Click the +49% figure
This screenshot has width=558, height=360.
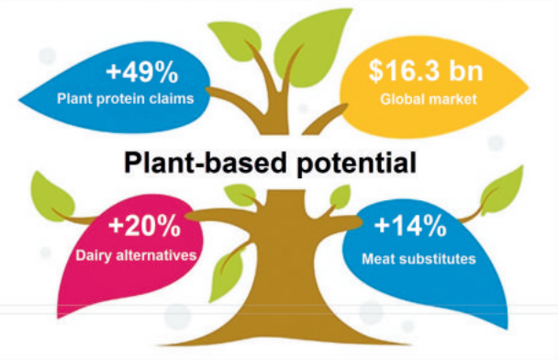[x=142, y=73]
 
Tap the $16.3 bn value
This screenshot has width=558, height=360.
[x=426, y=71]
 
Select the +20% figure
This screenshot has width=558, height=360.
[x=144, y=226]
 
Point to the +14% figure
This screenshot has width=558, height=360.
[x=410, y=226]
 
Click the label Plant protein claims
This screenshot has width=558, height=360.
[x=125, y=98]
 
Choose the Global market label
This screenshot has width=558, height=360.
[x=429, y=98]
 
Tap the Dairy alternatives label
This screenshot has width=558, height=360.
[x=136, y=255]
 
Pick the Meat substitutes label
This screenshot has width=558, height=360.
[x=418, y=259]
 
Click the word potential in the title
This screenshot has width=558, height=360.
[x=356, y=163]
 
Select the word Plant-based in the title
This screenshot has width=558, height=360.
[x=206, y=163]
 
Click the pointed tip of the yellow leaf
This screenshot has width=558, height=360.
[x=529, y=87]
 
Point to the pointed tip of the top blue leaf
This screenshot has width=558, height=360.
[x=19, y=101]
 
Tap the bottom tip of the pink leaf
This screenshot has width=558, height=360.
[x=58, y=317]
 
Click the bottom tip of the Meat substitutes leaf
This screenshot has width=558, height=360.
[x=507, y=329]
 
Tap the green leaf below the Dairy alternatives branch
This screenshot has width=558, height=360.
[x=227, y=275]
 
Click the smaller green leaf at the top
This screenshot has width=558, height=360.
[x=234, y=39]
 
